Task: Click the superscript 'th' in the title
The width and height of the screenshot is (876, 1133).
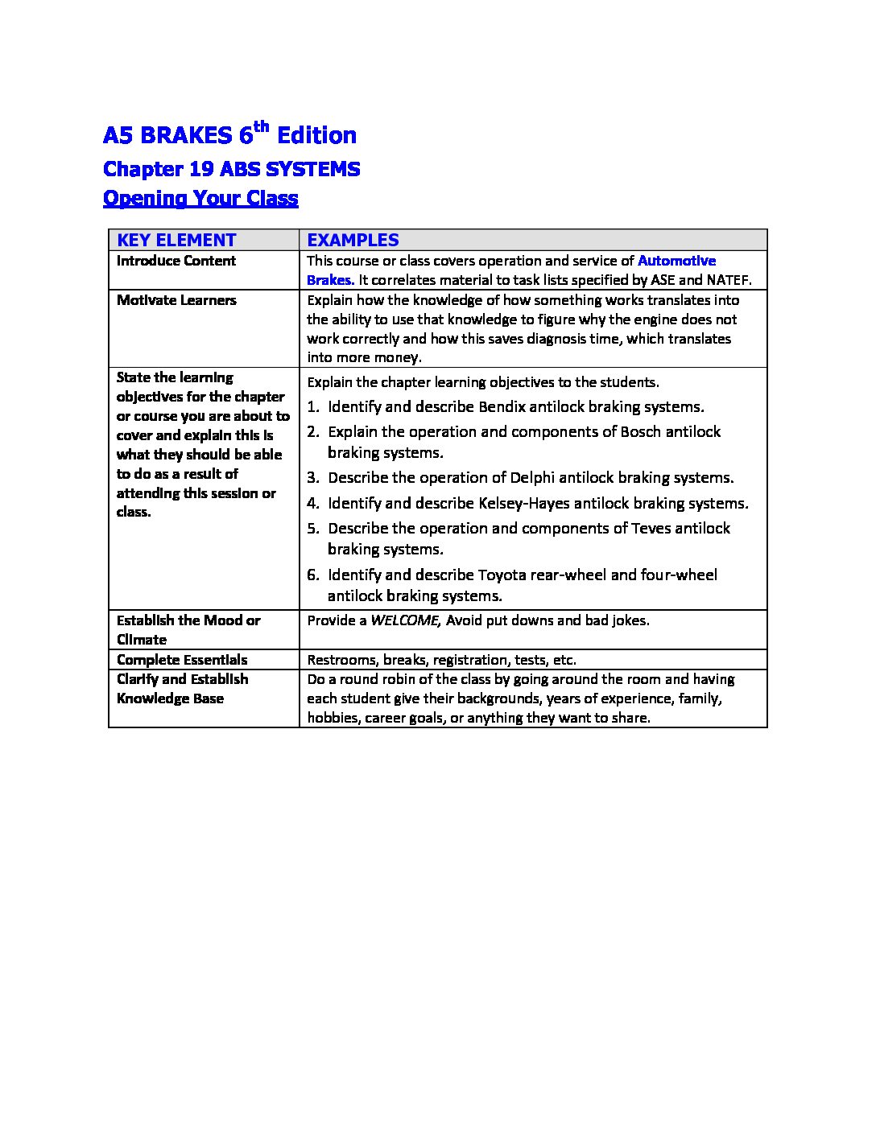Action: pyautogui.click(x=260, y=126)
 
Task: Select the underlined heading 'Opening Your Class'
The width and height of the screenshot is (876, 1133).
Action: pyautogui.click(x=200, y=198)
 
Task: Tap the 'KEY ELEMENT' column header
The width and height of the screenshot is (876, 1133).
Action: pyautogui.click(x=176, y=240)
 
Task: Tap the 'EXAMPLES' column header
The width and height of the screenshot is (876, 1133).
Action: pyautogui.click(x=353, y=240)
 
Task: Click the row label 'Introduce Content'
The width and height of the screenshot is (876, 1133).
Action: pyautogui.click(x=176, y=261)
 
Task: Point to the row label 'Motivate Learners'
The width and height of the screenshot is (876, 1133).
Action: pyautogui.click(x=176, y=300)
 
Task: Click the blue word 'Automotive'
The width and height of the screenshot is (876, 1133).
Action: pyautogui.click(x=676, y=261)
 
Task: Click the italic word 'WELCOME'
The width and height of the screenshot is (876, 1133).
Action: pyautogui.click(x=404, y=620)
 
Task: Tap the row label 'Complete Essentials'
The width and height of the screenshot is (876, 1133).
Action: pyautogui.click(x=182, y=660)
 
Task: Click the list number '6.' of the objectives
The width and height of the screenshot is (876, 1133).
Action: pyautogui.click(x=313, y=575)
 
